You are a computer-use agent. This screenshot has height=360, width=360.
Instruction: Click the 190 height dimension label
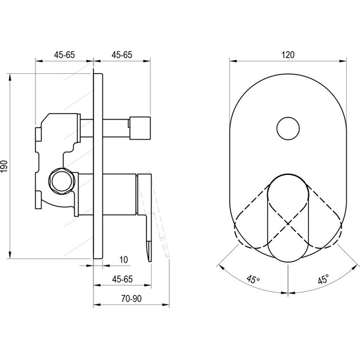(5, 166)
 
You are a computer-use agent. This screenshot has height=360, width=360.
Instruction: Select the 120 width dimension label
(288, 55)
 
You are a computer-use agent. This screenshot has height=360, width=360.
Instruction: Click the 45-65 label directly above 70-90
(123, 279)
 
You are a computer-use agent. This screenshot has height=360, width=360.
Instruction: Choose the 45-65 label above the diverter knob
(121, 55)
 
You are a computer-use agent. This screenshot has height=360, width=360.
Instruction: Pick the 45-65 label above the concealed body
(64, 55)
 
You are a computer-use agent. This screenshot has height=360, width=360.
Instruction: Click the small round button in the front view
(289, 129)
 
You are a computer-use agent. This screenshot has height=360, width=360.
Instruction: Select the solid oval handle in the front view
(289, 218)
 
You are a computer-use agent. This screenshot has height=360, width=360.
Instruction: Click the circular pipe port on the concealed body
(61, 180)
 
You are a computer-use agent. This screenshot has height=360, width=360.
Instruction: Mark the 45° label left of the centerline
(253, 279)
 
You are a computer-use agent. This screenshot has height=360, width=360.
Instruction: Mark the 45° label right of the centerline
(323, 279)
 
